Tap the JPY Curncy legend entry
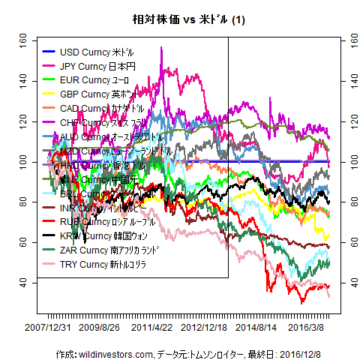(x=97, y=67)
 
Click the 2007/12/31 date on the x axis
(x=48, y=328)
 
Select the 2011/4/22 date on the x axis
(x=162, y=328)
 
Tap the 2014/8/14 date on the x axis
(x=261, y=328)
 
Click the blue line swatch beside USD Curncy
(x=47, y=52)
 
